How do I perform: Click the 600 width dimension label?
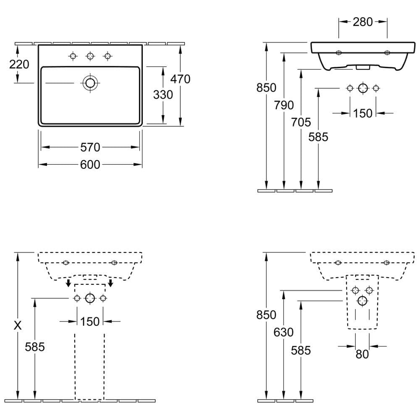coord(90,165)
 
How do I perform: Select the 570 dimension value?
coord(90,147)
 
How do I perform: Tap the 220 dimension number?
coord(19,64)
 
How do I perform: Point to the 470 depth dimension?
coord(180,79)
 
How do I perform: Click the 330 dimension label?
coord(163,94)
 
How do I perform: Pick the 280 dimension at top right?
coord(363,22)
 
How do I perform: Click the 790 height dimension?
coord(283,105)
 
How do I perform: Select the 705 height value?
coord(301,122)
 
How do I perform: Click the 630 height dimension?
coord(283,332)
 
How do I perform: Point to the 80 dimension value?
coord(362,354)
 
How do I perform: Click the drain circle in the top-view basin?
coord(90,83)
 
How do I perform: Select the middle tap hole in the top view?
coord(90,56)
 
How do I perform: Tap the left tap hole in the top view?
coord(73,56)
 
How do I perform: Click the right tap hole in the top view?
coord(108,56)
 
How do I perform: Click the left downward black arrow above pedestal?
coord(69,283)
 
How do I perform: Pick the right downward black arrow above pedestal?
coord(110,283)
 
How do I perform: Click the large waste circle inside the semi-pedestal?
coord(362,301)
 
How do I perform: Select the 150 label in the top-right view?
coord(363,113)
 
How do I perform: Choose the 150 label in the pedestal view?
coord(90,322)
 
